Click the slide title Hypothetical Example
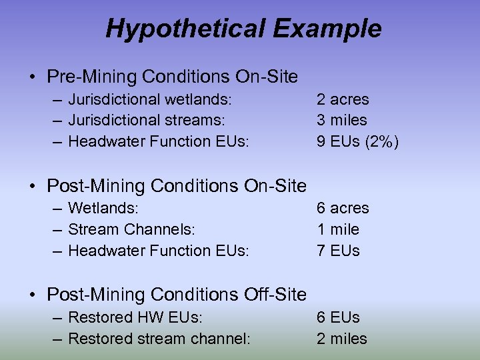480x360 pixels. point(243,29)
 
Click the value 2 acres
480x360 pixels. point(343,99)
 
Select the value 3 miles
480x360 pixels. point(341,120)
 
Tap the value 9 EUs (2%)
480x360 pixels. point(357,141)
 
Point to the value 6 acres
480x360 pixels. point(343,209)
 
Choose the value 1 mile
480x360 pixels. point(337,229)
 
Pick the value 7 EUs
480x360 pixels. point(338,251)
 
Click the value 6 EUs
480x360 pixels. point(338,318)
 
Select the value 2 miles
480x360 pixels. point(341,339)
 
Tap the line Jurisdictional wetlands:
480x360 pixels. point(150,99)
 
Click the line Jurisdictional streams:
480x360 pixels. point(147,120)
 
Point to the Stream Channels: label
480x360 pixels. point(131,229)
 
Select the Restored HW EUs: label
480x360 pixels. point(135,318)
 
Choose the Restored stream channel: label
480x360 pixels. point(159,339)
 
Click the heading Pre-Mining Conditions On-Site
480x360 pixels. point(172,77)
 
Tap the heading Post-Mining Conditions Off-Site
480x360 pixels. point(177,294)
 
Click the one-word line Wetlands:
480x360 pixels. point(103,209)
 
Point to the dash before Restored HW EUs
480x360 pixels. point(57,318)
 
